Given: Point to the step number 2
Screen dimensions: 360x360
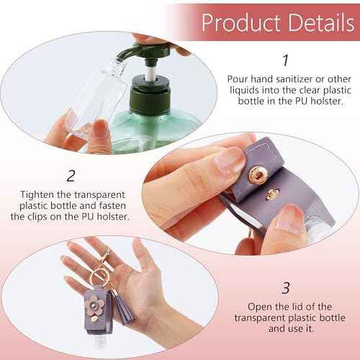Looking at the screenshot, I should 71,175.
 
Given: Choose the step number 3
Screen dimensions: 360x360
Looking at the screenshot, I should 286,288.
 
